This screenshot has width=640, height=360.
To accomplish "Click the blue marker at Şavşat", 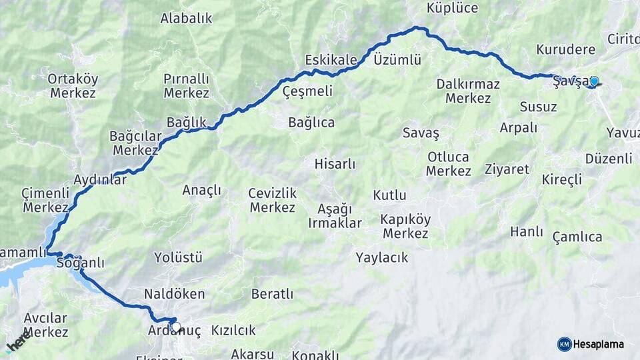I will pos(593,82).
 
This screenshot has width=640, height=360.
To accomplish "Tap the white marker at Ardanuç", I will pos(175,327).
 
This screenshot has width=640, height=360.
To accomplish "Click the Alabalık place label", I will pos(186,19).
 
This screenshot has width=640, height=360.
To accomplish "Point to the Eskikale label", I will pos(331,60).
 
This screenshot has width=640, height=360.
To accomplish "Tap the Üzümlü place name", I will pos(397,60).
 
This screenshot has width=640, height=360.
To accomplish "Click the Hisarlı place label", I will pos(335,163).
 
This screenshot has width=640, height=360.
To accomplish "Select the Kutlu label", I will pos(389,195).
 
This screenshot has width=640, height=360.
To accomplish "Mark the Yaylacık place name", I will pos(382,257).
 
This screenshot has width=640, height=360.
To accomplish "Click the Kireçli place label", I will pos(562,179).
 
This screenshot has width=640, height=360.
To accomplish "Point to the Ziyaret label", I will pos(507,169).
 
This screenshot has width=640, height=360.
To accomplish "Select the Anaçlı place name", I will pos(201,191).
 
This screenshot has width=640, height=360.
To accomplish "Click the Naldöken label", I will pos(175,294).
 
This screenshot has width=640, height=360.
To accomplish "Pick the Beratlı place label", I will pos(272,294).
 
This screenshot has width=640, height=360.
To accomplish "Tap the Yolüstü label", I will pos(178,257).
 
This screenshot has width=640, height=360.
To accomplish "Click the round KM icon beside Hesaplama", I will pos(564,344).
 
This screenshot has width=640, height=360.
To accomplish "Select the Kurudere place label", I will pos(565,50).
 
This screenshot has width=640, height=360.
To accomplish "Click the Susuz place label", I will pos(538,107).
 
